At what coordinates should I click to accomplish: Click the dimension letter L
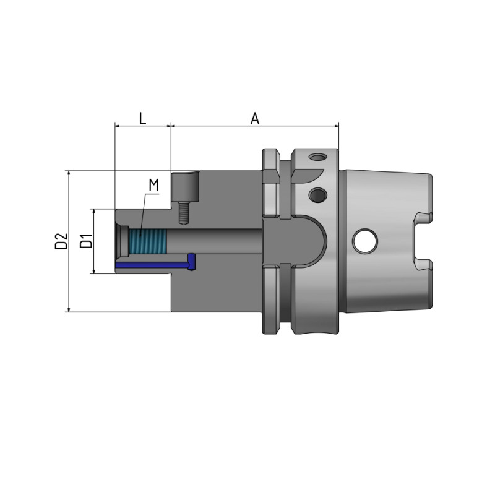(142, 118)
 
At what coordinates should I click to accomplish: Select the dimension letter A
(254, 118)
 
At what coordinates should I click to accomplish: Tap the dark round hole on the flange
(318, 196)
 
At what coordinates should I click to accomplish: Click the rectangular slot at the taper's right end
(423, 241)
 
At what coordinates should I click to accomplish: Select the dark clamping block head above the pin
(184, 187)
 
